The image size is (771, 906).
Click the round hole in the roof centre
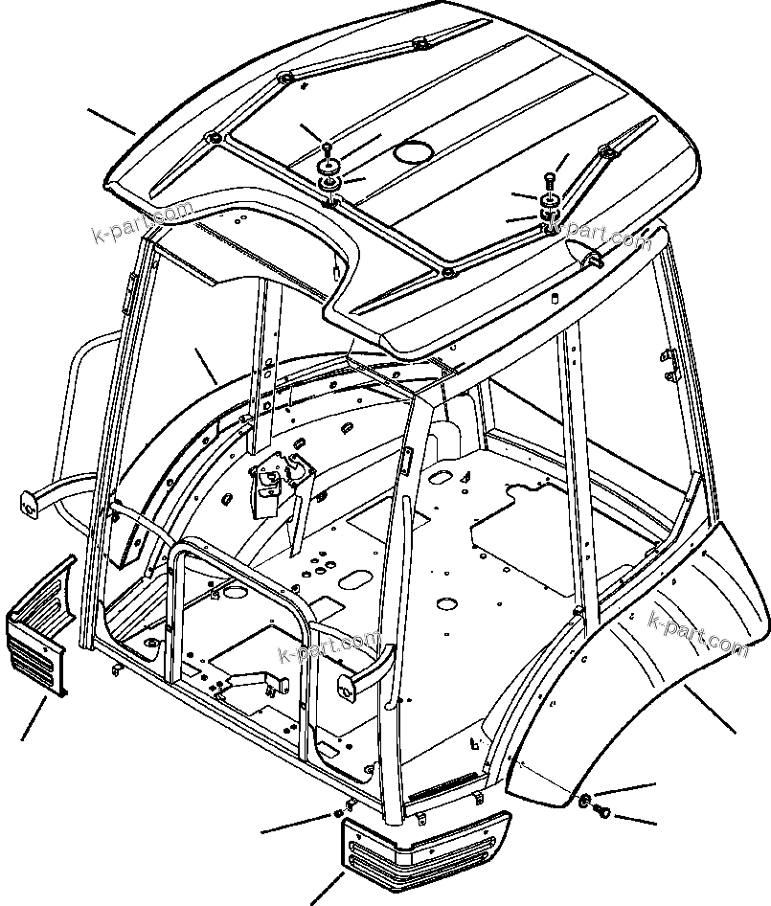[x=414, y=152]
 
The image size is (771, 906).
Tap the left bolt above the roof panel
[x=329, y=148]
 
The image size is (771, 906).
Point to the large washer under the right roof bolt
[x=550, y=202]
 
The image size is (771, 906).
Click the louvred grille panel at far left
[x=40, y=627]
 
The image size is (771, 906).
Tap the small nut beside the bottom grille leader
[x=338, y=815]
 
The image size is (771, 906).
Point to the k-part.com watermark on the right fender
[x=697, y=634]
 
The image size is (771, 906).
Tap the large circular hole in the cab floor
[x=444, y=603]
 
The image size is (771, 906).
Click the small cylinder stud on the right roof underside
[x=554, y=298]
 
